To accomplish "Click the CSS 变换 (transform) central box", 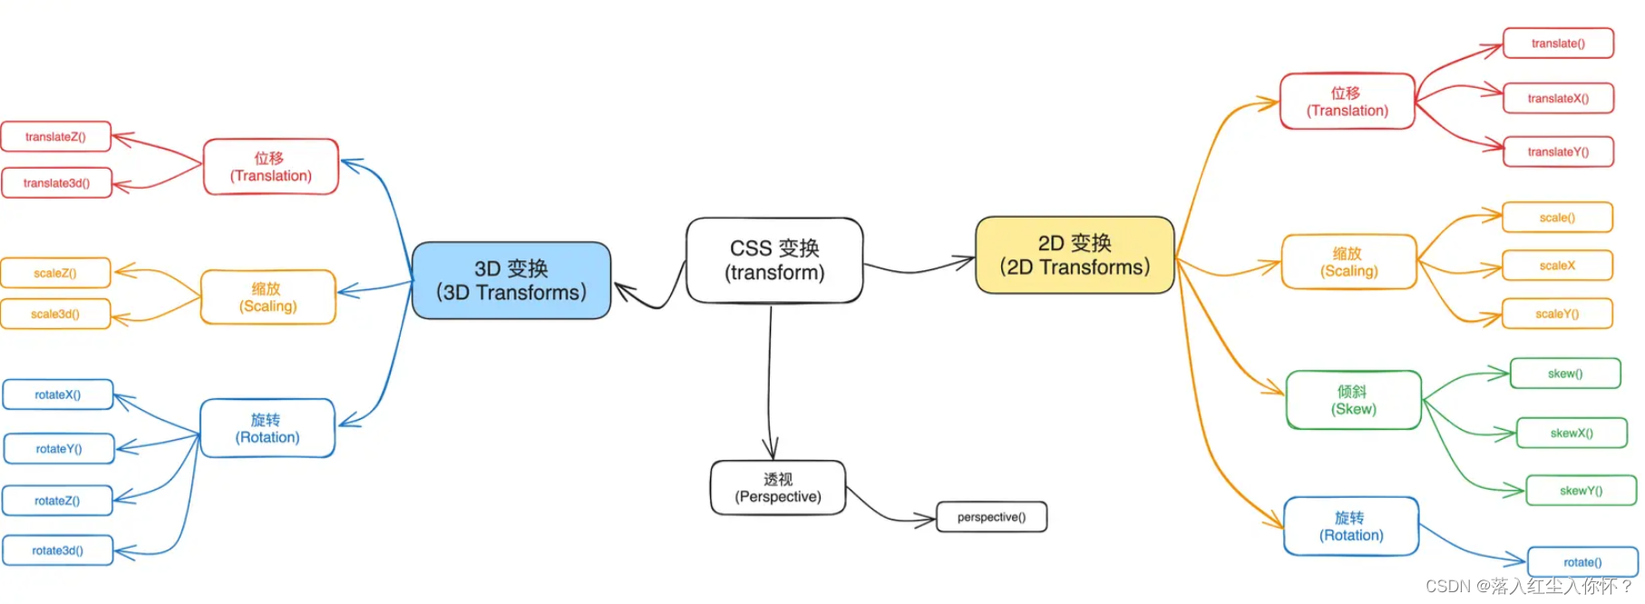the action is pyautogui.click(x=774, y=260).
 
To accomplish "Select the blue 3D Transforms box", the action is pyautogui.click(x=511, y=280).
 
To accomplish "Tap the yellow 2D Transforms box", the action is pyautogui.click(x=1075, y=255).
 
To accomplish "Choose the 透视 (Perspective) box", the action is pyautogui.click(x=778, y=488).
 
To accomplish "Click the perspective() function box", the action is pyautogui.click(x=991, y=517).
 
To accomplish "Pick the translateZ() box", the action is pyautogui.click(x=56, y=137).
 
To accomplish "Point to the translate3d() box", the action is pyautogui.click(x=56, y=183).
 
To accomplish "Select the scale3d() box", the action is pyautogui.click(x=55, y=314).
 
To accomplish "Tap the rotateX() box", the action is pyautogui.click(x=58, y=395).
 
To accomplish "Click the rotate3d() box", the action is pyautogui.click(x=58, y=550).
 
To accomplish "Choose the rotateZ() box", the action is pyautogui.click(x=57, y=501).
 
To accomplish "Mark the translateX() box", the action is pyautogui.click(x=1558, y=98).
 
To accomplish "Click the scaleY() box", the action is pyautogui.click(x=1557, y=314).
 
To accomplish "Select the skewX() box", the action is pyautogui.click(x=1572, y=434).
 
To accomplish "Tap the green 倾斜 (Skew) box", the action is pyautogui.click(x=1353, y=400).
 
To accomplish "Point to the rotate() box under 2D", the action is pyautogui.click(x=1582, y=562).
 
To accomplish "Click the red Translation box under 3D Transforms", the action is pyautogui.click(x=270, y=167).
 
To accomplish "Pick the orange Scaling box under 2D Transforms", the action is pyautogui.click(x=1348, y=262).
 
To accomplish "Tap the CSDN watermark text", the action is pyautogui.click(x=1529, y=587).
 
